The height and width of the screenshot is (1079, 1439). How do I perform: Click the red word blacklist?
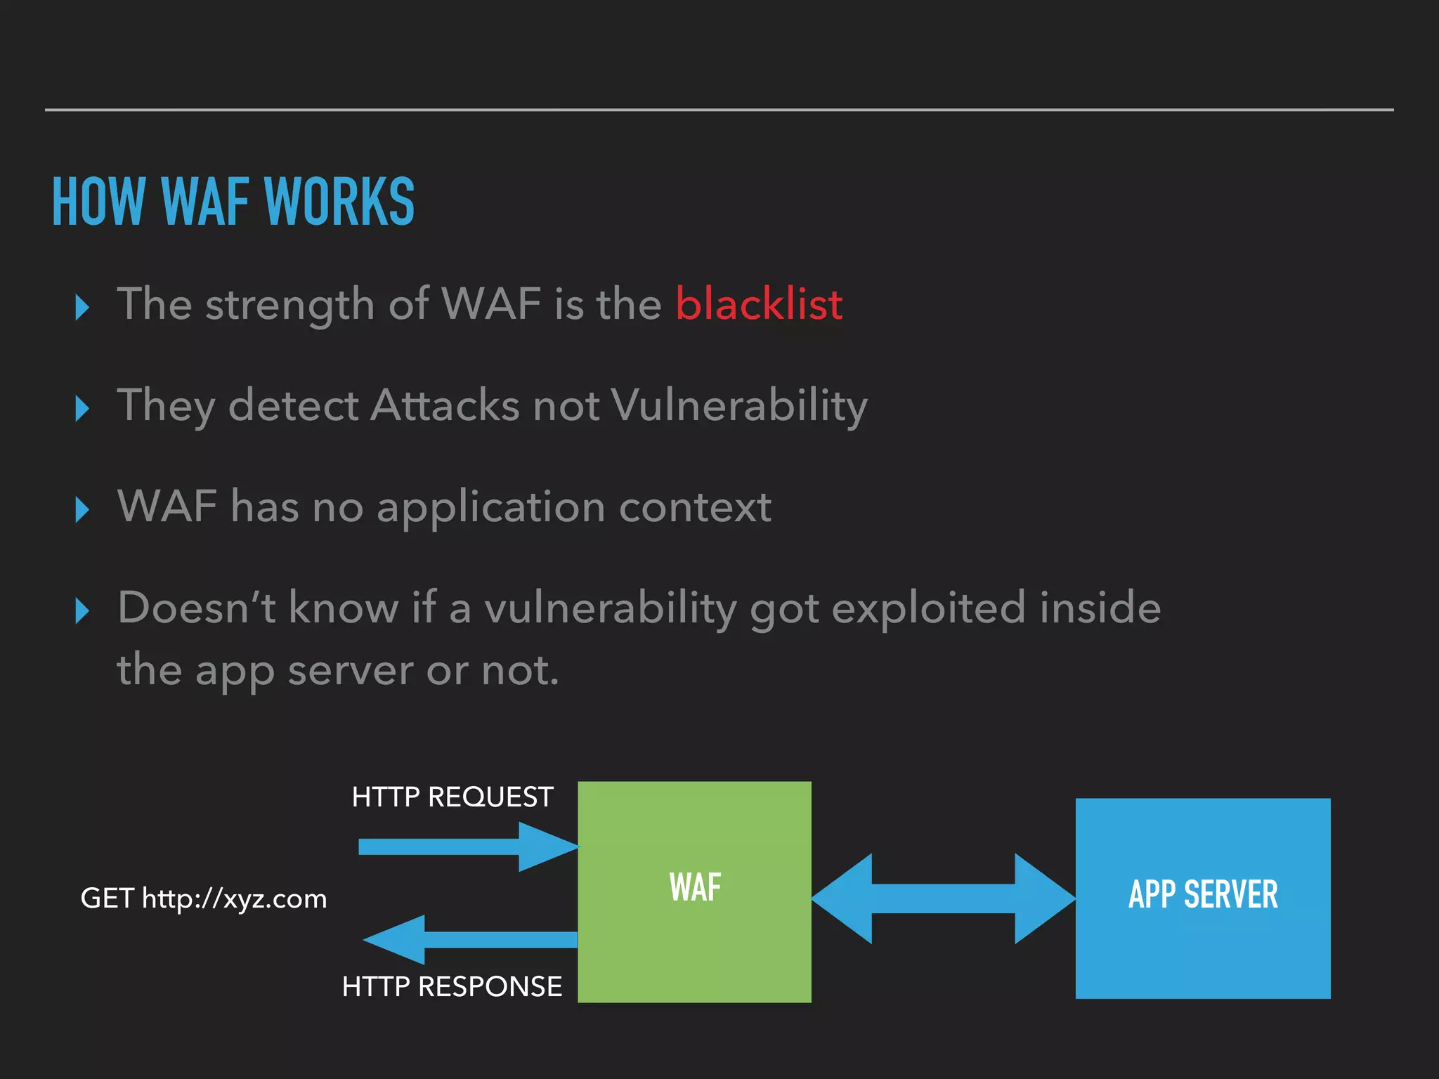point(759,304)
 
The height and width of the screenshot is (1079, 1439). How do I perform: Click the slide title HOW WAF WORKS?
point(233,202)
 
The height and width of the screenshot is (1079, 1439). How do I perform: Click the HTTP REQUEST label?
point(452,797)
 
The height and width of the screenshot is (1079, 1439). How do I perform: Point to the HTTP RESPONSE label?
point(452,986)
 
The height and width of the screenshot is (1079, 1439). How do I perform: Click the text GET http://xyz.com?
point(204,898)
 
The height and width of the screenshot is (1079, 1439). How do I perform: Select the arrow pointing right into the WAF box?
point(467,846)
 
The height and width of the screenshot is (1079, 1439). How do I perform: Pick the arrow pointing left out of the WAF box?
point(469,939)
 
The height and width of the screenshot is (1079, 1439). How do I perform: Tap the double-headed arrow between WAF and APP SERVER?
point(943,898)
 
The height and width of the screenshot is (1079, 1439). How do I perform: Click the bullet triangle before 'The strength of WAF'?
point(82,307)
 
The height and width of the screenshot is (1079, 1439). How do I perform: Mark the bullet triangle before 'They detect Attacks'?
point(82,408)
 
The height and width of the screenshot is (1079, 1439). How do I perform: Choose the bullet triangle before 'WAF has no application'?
point(82,509)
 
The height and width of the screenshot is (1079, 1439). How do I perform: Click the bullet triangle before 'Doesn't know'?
point(82,610)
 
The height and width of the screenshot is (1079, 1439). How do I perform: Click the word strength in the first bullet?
point(289,306)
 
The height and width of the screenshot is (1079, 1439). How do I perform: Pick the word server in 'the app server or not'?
point(351,670)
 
